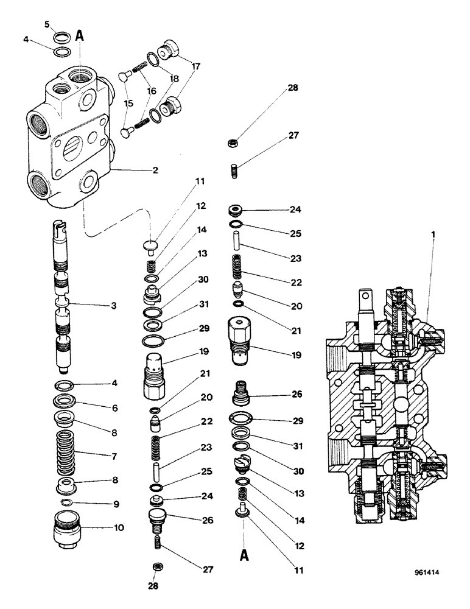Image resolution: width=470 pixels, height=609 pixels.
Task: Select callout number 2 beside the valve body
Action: point(155,170)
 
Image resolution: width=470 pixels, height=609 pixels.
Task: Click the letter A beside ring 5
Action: point(80,35)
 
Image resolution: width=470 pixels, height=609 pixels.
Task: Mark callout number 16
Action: point(150,90)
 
